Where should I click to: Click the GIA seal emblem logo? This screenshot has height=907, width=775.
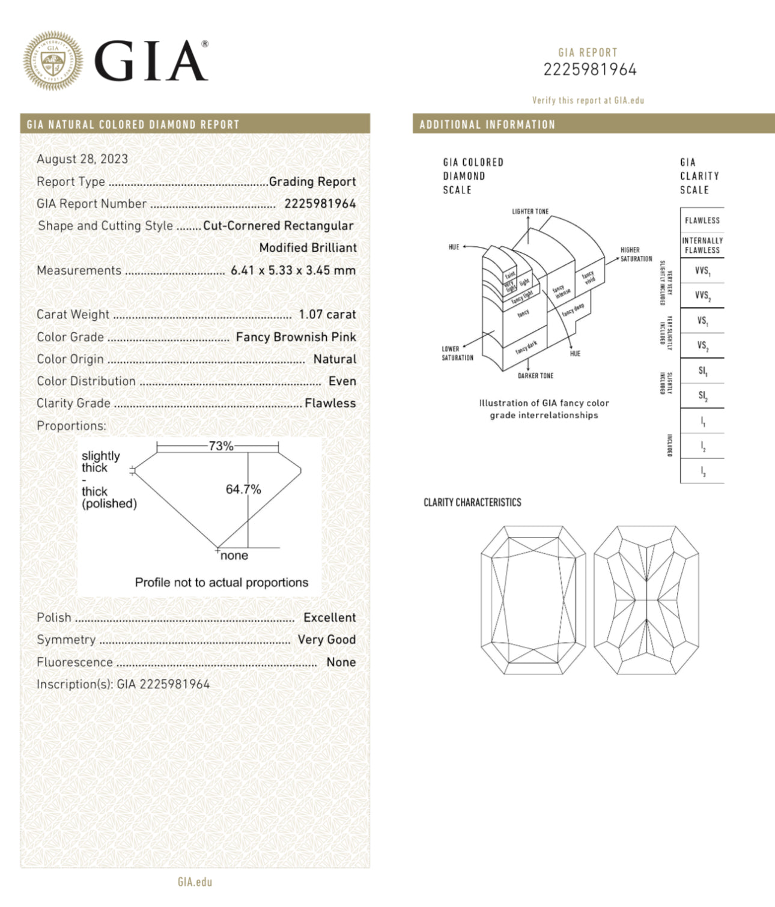(x=53, y=61)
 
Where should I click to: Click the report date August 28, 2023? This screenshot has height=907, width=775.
(x=82, y=159)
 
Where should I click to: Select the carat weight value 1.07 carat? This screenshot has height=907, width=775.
(x=327, y=315)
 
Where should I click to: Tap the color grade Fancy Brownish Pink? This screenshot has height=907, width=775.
(x=296, y=337)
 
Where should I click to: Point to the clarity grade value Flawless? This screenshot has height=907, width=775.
(x=330, y=404)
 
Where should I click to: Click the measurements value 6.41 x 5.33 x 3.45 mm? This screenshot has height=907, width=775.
(x=293, y=271)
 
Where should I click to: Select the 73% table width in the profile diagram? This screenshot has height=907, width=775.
(x=220, y=446)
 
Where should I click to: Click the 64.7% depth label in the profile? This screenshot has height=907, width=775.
(x=243, y=490)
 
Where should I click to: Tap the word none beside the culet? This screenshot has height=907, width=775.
(x=234, y=556)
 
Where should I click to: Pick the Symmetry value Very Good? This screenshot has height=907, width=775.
(x=326, y=640)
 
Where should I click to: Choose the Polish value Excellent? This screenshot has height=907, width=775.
(x=329, y=617)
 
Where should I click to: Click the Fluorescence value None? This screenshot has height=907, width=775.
(x=341, y=662)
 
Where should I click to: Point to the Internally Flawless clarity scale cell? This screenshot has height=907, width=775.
(x=702, y=245)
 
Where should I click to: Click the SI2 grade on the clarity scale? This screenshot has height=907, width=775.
(x=702, y=396)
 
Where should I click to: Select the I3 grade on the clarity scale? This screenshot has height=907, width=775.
(x=702, y=472)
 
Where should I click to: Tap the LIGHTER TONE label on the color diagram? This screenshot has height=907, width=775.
(x=530, y=211)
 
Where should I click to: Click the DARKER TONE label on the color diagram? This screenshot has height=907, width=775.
(x=535, y=376)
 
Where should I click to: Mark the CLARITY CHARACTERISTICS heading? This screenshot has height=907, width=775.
(x=472, y=503)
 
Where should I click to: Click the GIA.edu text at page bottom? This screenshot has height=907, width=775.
(x=195, y=882)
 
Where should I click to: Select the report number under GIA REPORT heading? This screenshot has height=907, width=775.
(x=589, y=70)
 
